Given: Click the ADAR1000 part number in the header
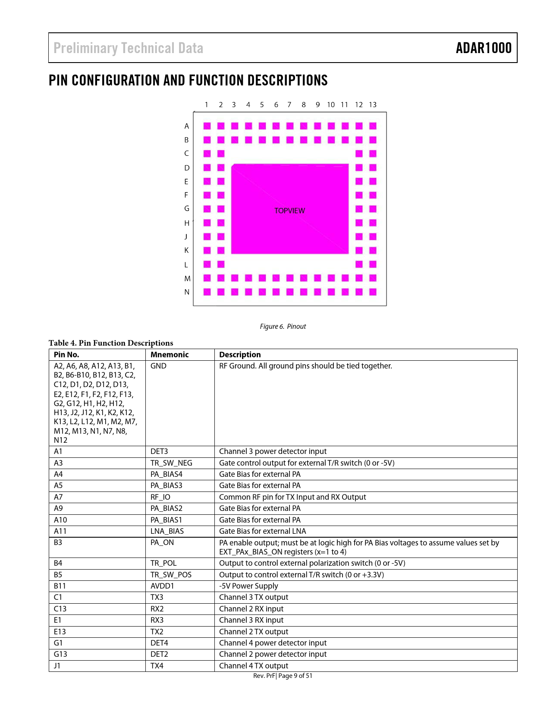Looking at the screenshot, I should click(484, 48).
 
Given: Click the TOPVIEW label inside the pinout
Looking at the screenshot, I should click(289, 211).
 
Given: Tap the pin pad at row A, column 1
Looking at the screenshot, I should click(207, 126).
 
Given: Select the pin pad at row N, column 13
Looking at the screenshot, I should click(373, 292).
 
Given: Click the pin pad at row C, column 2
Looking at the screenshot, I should click(221, 154).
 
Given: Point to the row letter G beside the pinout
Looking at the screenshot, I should click(187, 208).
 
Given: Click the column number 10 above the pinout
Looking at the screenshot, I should click(331, 105).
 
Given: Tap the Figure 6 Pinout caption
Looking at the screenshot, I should click(283, 326).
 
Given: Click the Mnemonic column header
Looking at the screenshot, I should click(170, 355).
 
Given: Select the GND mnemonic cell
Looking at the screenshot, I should click(158, 366).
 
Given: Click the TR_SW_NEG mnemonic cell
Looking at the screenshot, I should click(171, 463).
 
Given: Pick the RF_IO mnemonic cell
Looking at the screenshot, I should click(160, 497).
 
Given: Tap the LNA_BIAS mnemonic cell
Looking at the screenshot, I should click(167, 531).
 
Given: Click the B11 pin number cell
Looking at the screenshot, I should click(60, 586).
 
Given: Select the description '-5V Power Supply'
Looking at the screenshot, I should click(248, 586).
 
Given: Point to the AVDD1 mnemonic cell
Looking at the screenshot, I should click(162, 586).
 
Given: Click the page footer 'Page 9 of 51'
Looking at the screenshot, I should click(295, 676).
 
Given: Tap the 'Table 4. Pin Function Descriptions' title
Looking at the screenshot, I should click(111, 343).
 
